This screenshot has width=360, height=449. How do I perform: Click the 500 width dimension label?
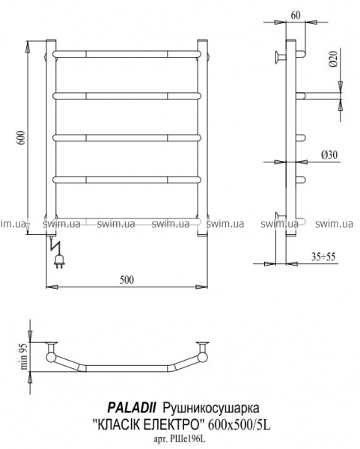[x=126, y=280]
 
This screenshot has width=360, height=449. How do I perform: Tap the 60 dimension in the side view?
[x=296, y=15]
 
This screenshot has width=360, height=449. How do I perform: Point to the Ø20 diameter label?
[x=333, y=58]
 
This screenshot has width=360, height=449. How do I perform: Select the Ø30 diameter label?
[x=329, y=155]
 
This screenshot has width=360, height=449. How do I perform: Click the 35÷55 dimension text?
[x=323, y=256]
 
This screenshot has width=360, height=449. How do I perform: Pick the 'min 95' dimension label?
[x=24, y=356]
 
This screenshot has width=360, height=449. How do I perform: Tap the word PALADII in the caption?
[x=132, y=408]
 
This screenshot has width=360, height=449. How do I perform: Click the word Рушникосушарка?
[x=211, y=408]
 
